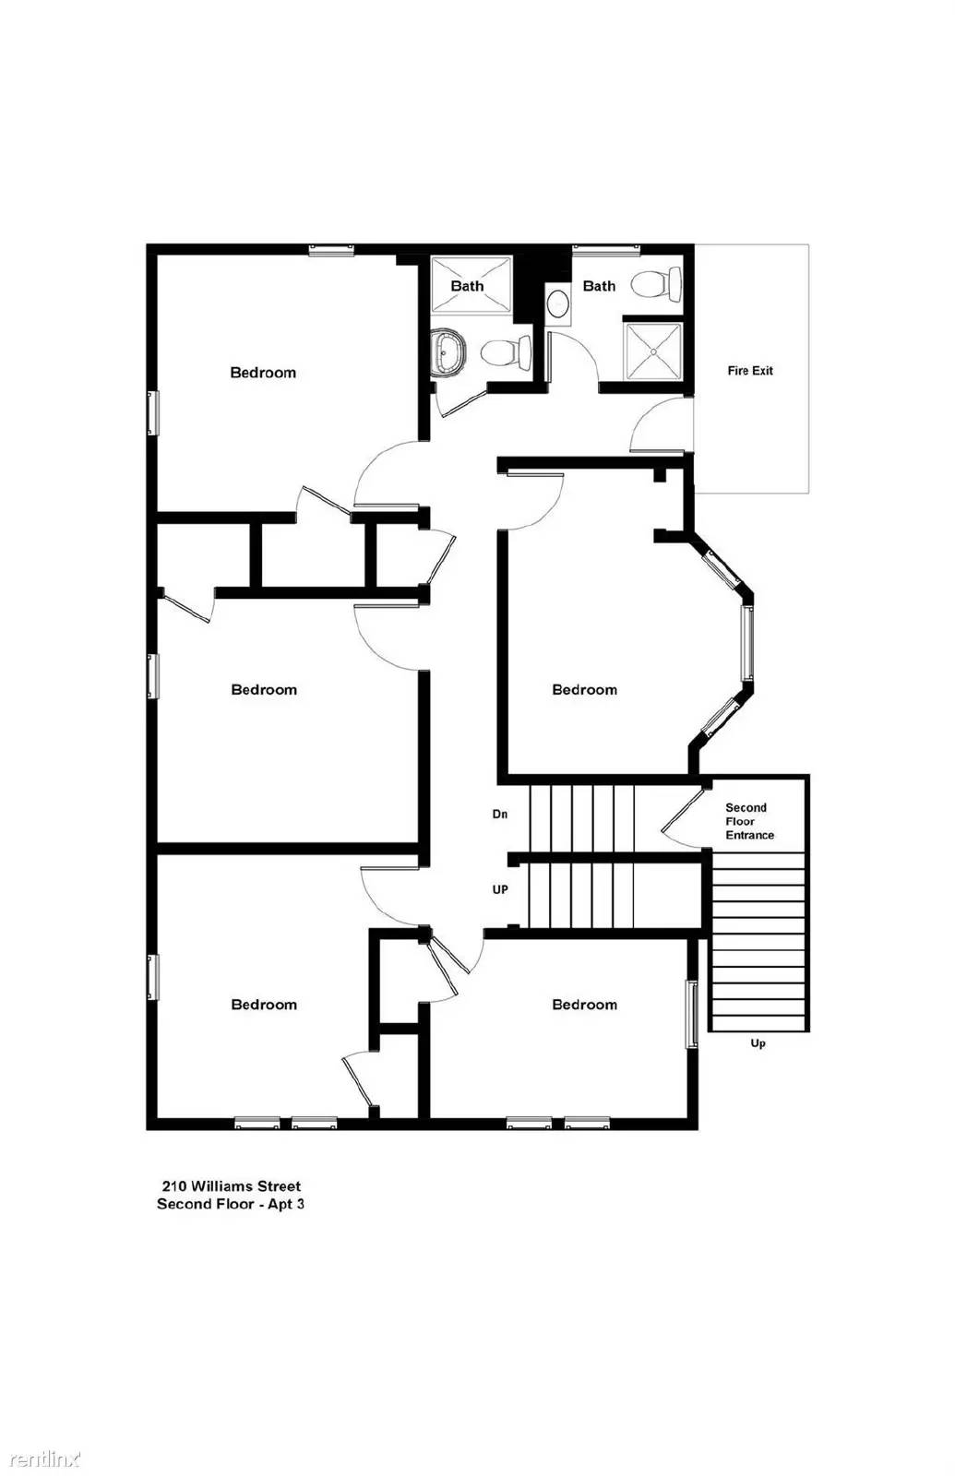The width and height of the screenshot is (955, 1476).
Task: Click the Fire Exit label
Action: pyautogui.click(x=750, y=371)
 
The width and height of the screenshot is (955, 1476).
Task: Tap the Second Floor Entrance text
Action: pyautogui.click(x=749, y=821)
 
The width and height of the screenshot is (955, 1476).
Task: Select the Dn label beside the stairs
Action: pyautogui.click(x=500, y=814)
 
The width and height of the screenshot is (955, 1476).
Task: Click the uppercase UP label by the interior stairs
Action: pyautogui.click(x=500, y=889)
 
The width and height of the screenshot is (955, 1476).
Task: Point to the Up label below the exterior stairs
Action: pyautogui.click(x=758, y=1043)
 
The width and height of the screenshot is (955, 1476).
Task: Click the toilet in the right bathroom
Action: pyautogui.click(x=658, y=284)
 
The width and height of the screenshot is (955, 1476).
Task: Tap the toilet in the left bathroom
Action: pyautogui.click(x=507, y=351)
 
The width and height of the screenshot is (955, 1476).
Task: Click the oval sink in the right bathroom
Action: pyautogui.click(x=558, y=304)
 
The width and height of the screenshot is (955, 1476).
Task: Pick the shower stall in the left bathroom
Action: pyautogui.click(x=471, y=285)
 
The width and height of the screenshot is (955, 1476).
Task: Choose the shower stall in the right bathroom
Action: pyautogui.click(x=652, y=351)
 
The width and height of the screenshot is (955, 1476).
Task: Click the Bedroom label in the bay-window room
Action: pyautogui.click(x=585, y=690)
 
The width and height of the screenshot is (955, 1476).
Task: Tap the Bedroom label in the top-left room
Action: pyautogui.click(x=263, y=373)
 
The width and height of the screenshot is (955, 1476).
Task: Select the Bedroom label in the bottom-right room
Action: pyautogui.click(x=585, y=1005)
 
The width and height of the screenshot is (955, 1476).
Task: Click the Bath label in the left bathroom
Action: pyautogui.click(x=467, y=286)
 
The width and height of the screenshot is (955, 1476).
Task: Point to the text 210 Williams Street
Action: pyautogui.click(x=232, y=1186)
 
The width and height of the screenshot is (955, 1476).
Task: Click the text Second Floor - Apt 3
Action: pyautogui.click(x=231, y=1204)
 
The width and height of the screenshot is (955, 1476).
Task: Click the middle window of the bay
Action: pyautogui.click(x=746, y=642)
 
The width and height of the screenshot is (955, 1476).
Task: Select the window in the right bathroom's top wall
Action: pyautogui.click(x=605, y=250)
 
